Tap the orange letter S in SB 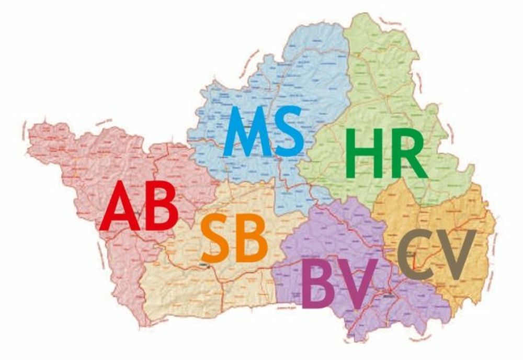(215, 238)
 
